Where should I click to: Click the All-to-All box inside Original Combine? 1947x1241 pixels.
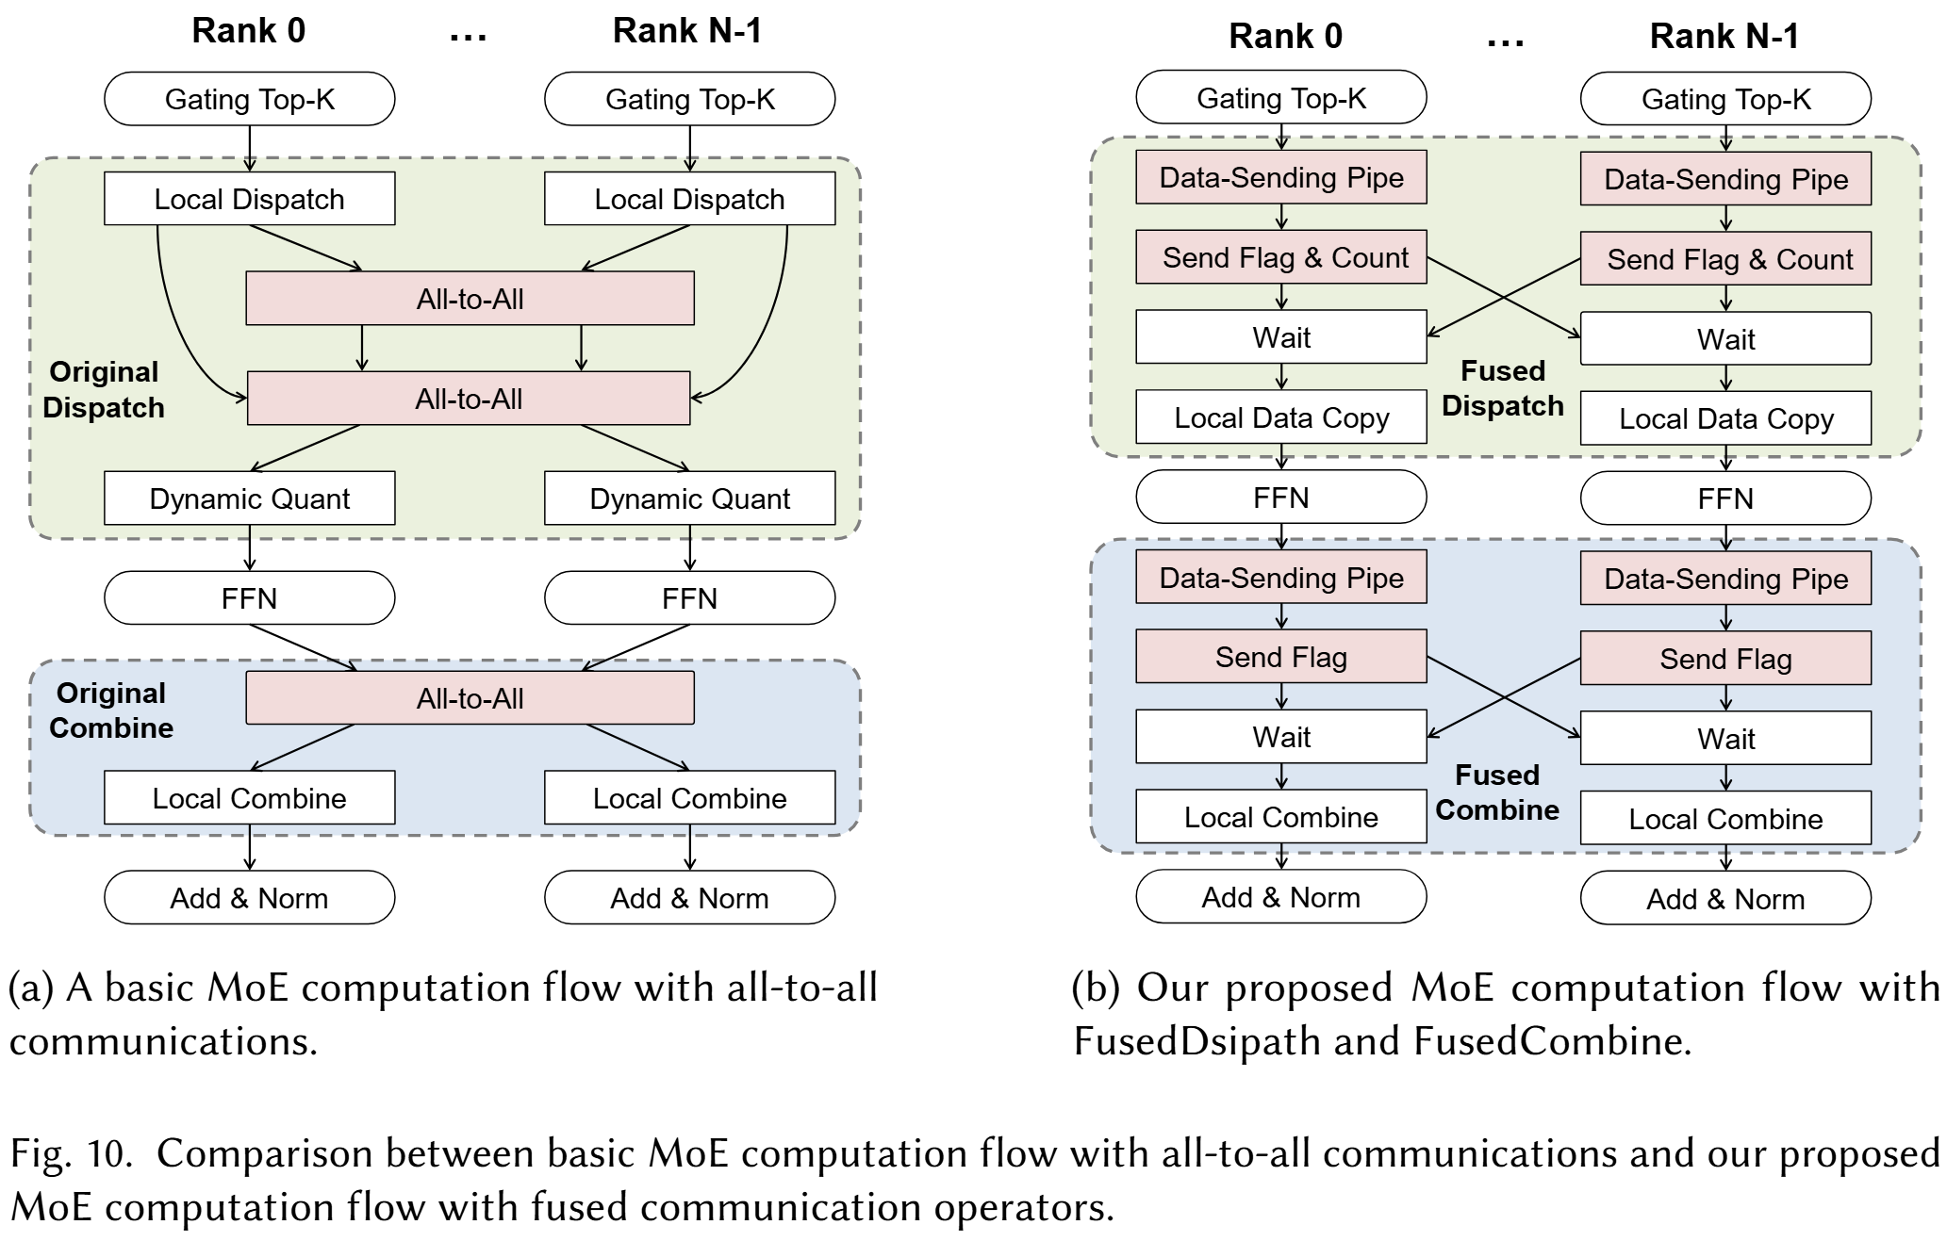point(470,698)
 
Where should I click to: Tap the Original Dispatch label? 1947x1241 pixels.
point(104,389)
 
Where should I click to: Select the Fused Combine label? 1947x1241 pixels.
point(1497,792)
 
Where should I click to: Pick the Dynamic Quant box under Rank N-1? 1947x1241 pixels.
point(689,498)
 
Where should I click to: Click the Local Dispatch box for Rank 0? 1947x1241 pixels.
point(249,199)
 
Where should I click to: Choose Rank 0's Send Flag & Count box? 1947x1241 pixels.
point(1280,257)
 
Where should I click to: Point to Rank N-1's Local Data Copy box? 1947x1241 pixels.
point(1725,418)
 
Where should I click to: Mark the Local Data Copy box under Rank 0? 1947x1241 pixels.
point(1280,417)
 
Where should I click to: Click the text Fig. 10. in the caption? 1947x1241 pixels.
point(71,1153)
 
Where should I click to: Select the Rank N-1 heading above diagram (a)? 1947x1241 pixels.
point(687,31)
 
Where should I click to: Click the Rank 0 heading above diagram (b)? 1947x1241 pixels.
point(1285,37)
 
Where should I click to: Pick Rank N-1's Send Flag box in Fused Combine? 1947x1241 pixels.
point(1725,659)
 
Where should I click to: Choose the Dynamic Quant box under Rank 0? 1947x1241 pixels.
point(249,498)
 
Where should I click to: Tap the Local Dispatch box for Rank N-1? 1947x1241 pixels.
point(689,199)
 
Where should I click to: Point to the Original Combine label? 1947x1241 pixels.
point(110,710)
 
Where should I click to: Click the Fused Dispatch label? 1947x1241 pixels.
point(1503,388)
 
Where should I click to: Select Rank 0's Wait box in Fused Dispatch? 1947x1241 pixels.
point(1280,337)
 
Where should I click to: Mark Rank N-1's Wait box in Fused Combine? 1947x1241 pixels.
point(1725,739)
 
